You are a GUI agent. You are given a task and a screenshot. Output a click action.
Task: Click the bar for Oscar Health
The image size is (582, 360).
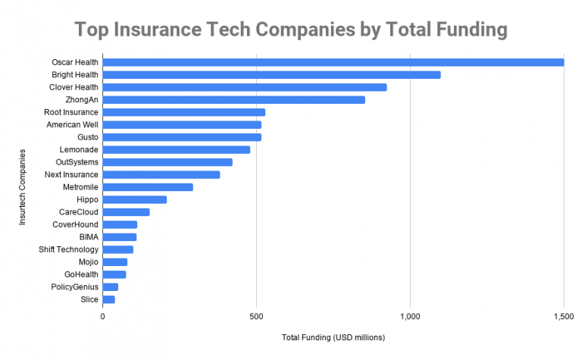pos(333,62)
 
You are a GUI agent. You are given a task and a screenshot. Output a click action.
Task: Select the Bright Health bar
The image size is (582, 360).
pos(271,74)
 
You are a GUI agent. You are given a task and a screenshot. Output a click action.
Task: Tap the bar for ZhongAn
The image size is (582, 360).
pos(233,99)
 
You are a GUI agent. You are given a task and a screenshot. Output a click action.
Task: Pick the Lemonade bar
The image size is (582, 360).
pos(176,149)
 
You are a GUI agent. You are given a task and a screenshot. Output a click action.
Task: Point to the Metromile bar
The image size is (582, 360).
pos(148,186)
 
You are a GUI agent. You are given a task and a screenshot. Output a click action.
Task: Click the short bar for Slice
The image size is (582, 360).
pos(108,299)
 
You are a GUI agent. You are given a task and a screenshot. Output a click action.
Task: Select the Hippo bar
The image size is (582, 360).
pos(134,199)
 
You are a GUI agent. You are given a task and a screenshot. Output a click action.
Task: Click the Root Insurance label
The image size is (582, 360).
pos(71,112)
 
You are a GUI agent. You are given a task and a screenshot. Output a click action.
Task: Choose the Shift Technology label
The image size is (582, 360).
pos(69,249)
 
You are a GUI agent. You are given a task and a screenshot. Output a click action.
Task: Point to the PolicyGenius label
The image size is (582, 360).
pos(74,286)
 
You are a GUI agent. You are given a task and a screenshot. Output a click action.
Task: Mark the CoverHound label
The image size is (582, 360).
pos(75,224)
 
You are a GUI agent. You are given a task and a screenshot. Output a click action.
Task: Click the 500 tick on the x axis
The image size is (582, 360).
pos(256,315)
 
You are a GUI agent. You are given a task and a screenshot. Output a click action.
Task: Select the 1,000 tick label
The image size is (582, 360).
pos(410,315)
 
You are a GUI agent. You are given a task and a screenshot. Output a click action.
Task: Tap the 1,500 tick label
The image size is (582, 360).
pos(563,315)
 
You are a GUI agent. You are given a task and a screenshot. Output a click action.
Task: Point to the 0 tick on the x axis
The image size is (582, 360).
pos(102,315)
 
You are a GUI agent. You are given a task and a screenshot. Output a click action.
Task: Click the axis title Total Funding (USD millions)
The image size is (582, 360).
pos(333,337)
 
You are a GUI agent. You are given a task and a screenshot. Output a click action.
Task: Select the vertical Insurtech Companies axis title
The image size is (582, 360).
pos(23,186)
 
